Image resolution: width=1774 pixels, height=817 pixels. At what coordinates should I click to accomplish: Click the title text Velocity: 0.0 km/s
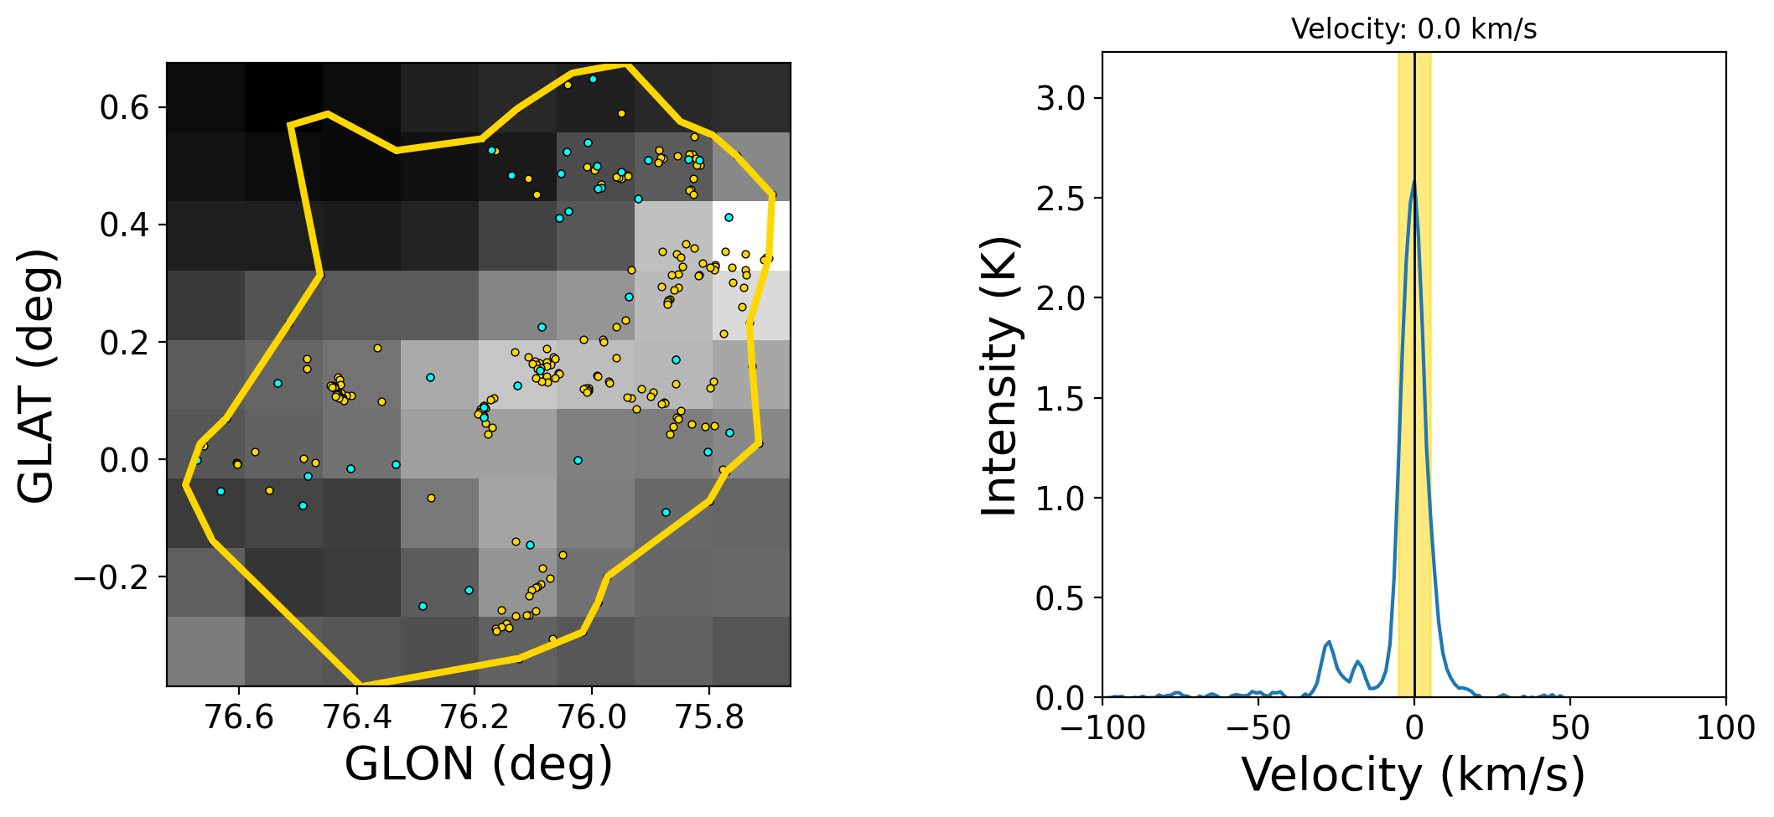pyautogui.click(x=1413, y=29)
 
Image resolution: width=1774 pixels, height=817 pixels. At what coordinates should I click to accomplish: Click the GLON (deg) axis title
pyautogui.click(x=479, y=764)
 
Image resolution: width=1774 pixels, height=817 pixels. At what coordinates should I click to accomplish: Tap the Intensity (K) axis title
pyautogui.click(x=999, y=376)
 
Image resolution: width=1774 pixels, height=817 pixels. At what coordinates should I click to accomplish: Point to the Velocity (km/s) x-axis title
pyautogui.click(x=1413, y=774)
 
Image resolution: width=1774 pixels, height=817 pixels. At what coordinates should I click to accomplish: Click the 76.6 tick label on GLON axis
pyautogui.click(x=239, y=717)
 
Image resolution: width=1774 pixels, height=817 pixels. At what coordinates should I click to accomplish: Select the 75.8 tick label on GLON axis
pyautogui.click(x=709, y=717)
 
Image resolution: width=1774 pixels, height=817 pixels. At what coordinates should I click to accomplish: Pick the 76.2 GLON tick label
pyautogui.click(x=475, y=717)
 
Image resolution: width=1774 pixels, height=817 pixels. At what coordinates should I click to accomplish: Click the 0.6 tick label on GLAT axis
pyautogui.click(x=124, y=108)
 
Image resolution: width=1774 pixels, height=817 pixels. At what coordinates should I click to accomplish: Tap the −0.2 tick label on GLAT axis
pyautogui.click(x=114, y=577)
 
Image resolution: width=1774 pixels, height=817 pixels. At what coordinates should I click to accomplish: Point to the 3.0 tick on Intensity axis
pyautogui.click(x=1061, y=99)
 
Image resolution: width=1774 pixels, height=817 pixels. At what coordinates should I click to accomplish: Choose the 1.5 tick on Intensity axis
pyautogui.click(x=1061, y=399)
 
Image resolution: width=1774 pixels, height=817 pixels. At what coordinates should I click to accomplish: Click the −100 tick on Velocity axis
pyautogui.click(x=1103, y=728)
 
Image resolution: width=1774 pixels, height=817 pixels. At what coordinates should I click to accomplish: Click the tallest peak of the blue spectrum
pyautogui.click(x=1413, y=182)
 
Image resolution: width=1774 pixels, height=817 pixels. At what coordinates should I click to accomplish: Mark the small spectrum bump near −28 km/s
pyautogui.click(x=1329, y=643)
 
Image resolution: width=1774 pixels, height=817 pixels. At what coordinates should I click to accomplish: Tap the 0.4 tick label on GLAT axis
pyautogui.click(x=124, y=225)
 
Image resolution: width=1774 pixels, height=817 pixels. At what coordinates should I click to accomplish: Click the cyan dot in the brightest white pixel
pyautogui.click(x=729, y=218)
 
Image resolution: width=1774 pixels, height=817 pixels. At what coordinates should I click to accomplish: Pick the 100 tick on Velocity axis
pyautogui.click(x=1725, y=728)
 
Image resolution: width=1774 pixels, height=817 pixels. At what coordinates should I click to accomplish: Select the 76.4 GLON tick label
pyautogui.click(x=357, y=717)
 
